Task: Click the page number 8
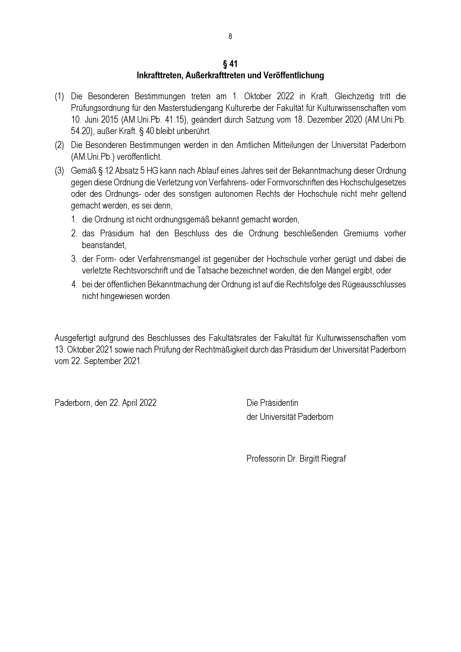(230, 37)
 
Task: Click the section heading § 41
(230, 64)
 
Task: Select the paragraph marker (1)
(59, 96)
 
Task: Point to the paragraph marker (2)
(59, 145)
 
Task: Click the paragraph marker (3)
(59, 171)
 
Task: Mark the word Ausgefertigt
(75, 338)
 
